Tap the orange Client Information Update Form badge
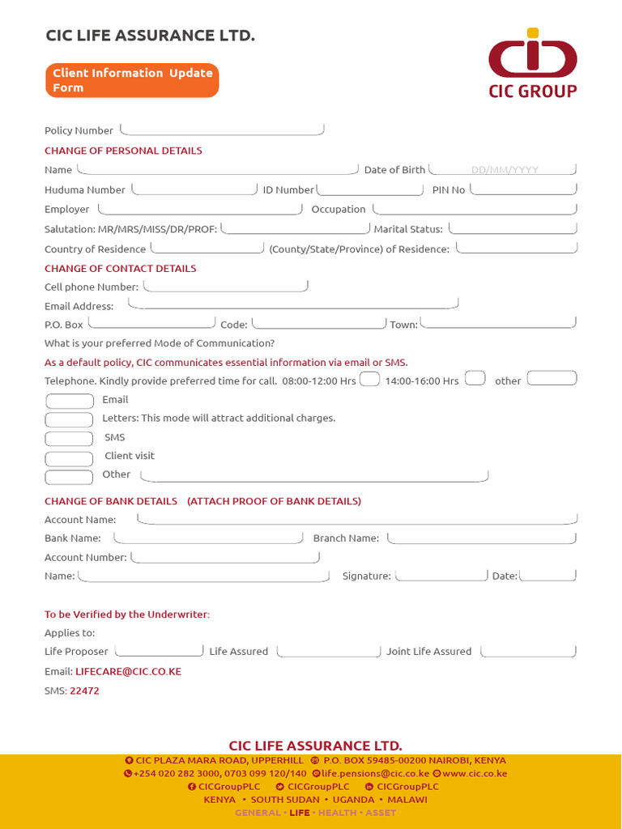(x=132, y=80)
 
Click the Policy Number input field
(x=222, y=130)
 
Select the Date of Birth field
(x=503, y=169)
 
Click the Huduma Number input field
(x=194, y=189)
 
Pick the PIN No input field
(x=523, y=189)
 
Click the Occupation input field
(x=473, y=208)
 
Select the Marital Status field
(x=513, y=228)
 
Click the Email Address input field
(x=293, y=304)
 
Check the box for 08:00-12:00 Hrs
(x=369, y=379)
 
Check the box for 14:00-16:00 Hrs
(x=475, y=378)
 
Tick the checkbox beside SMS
(x=69, y=438)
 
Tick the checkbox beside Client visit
(x=69, y=457)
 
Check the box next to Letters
(x=69, y=419)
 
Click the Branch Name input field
(x=482, y=538)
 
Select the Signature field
(x=441, y=575)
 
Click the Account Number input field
(x=225, y=557)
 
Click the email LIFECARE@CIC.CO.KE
(x=128, y=671)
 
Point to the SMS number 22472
(x=84, y=691)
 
